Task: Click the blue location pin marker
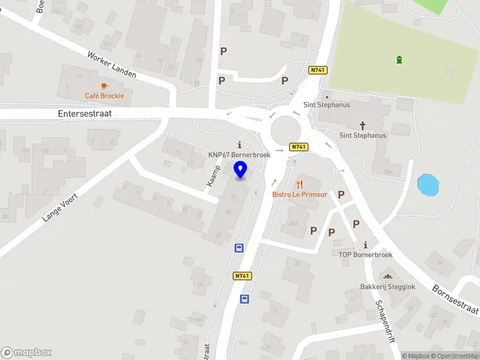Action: pos(241,170)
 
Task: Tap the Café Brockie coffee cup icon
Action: pos(104,86)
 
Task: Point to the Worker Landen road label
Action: pos(112,65)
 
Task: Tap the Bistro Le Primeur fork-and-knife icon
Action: pos(299,184)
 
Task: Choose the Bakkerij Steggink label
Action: pos(387,286)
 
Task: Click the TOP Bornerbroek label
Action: pos(365,254)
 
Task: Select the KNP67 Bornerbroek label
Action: pos(239,154)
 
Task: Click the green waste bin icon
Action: pos(399,59)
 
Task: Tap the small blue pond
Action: pos(428,185)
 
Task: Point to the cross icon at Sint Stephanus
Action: pos(362,125)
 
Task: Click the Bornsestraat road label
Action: pos(455,299)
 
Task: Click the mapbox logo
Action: pos(26,353)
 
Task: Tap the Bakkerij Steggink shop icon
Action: pos(387,277)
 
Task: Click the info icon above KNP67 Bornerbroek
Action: pos(240,145)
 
